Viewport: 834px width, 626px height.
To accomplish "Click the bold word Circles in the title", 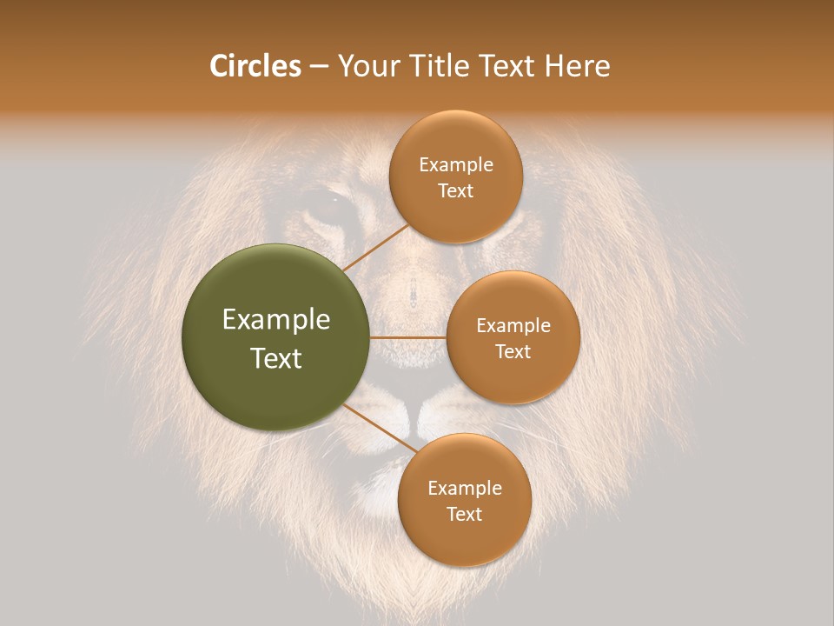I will coord(255,66).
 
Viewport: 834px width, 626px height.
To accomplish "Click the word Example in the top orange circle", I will coord(455,165).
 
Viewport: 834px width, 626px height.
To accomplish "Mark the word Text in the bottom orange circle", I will coord(464,514).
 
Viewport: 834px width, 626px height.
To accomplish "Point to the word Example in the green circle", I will coord(276,320).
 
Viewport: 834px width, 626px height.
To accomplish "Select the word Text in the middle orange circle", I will coord(513,351).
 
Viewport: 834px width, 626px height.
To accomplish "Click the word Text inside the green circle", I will coord(276,358).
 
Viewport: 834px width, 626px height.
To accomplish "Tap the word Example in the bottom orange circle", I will coord(464,488).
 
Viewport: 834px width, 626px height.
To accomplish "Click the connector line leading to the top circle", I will coord(376,248).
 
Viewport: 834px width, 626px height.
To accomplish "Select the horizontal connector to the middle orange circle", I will coord(408,337).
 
